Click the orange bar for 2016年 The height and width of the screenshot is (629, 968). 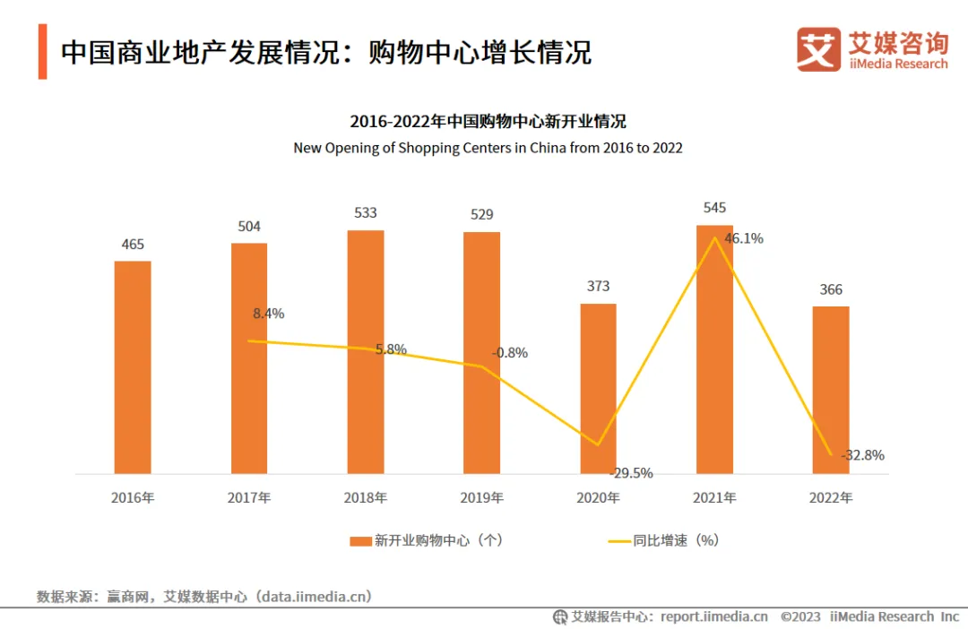pyautogui.click(x=133, y=367)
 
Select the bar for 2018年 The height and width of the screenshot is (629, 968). pyautogui.click(x=366, y=351)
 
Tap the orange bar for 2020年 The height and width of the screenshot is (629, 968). pyautogui.click(x=598, y=388)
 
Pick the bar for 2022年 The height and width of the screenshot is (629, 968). pyautogui.click(x=831, y=390)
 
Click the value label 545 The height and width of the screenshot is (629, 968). pyautogui.click(x=714, y=208)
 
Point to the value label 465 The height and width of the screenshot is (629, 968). pyautogui.click(x=133, y=244)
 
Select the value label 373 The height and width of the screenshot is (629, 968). pyautogui.click(x=598, y=286)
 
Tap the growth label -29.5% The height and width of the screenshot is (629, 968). pyautogui.click(x=631, y=472)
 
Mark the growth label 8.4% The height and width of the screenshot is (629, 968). pyautogui.click(x=269, y=314)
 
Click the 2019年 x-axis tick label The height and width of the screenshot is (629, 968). pyautogui.click(x=481, y=497)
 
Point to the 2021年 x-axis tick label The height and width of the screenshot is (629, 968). pyautogui.click(x=714, y=497)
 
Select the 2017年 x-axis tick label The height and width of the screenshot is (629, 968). pyautogui.click(x=249, y=497)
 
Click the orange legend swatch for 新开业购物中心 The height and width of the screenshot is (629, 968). pyautogui.click(x=360, y=541)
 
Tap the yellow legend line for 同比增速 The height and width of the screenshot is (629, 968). pyautogui.click(x=619, y=541)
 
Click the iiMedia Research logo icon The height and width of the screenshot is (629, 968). pyautogui.click(x=818, y=49)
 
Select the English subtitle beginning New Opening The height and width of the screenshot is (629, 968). pyautogui.click(x=488, y=148)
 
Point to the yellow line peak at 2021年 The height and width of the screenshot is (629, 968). pyautogui.click(x=714, y=237)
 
